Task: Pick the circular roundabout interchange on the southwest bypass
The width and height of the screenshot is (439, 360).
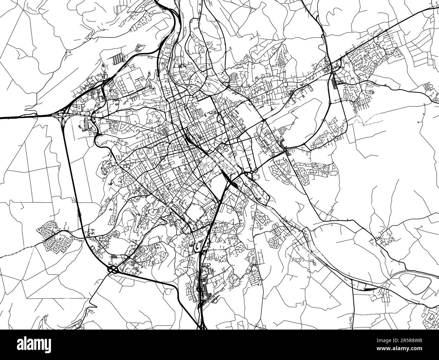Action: pos(113,269)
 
